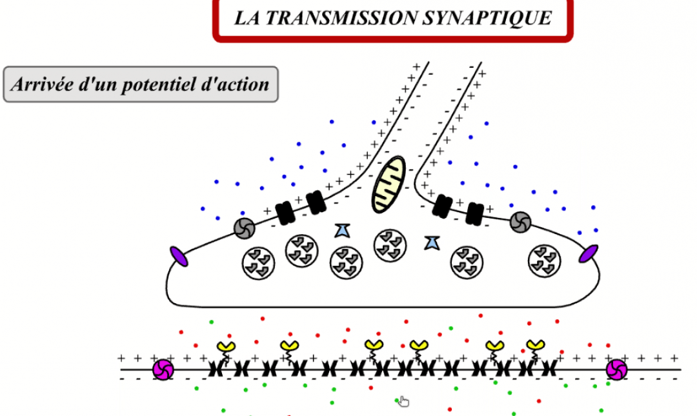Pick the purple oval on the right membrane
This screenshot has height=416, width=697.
[x=588, y=253]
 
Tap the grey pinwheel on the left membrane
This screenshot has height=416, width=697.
[x=244, y=226]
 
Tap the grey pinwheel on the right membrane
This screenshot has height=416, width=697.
[x=520, y=222]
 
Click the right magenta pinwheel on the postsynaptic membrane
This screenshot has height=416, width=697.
[x=616, y=370]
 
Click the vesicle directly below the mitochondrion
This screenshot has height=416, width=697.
[x=390, y=245]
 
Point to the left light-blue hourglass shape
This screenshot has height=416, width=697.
[x=342, y=230]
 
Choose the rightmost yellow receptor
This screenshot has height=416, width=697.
[x=534, y=346]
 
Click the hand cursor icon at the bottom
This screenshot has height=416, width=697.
[x=403, y=402]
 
